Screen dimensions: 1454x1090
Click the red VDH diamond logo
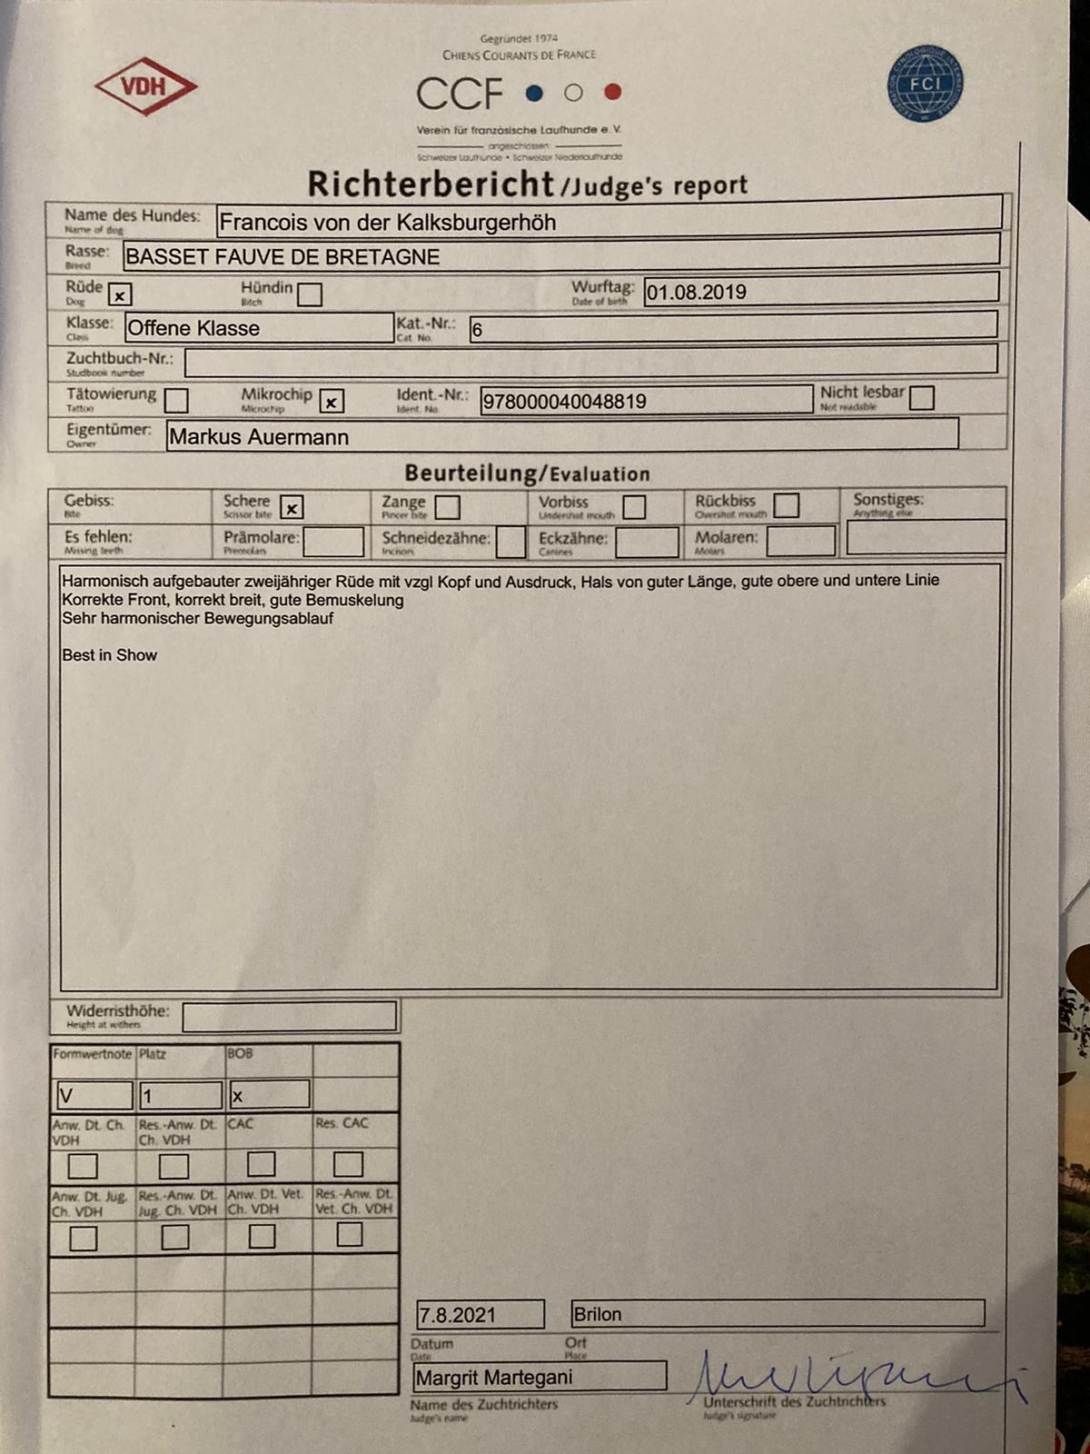(x=145, y=87)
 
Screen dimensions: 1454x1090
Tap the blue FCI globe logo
(x=925, y=84)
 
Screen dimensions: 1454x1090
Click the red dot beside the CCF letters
(x=612, y=92)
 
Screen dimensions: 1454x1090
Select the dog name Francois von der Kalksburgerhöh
(x=388, y=223)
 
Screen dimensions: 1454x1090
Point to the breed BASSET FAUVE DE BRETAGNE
(x=282, y=257)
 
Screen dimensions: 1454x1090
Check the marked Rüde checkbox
(x=120, y=295)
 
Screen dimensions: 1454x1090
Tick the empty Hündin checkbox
(x=310, y=294)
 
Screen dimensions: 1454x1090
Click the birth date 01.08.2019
(x=697, y=293)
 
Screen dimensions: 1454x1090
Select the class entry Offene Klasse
(x=193, y=328)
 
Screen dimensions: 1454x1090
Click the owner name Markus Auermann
(x=259, y=437)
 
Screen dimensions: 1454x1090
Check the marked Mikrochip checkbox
(x=332, y=401)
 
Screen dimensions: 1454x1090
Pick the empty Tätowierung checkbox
(x=176, y=400)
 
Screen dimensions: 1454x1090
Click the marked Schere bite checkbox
(x=292, y=508)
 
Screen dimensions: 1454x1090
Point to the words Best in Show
(x=109, y=655)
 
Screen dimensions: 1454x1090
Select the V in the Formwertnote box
(x=65, y=1096)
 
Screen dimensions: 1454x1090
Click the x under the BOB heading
(x=238, y=1097)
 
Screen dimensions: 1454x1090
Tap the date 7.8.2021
(x=457, y=1315)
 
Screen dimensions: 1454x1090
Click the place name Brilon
(x=598, y=1314)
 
